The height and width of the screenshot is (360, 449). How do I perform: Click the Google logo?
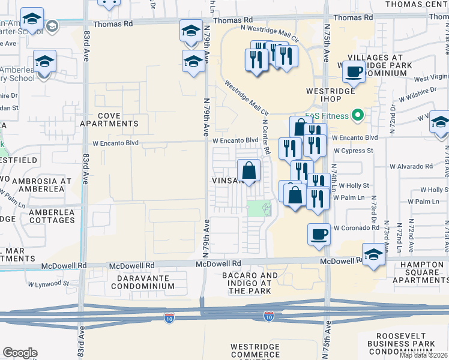20,353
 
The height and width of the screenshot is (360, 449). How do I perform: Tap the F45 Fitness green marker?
359,114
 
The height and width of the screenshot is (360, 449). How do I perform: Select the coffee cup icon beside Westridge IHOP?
354,73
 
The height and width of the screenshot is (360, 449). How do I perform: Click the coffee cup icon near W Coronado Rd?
319,234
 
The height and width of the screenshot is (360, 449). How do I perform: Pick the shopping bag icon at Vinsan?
249,171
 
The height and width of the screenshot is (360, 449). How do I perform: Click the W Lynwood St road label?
49,284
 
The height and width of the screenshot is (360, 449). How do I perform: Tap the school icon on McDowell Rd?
373,255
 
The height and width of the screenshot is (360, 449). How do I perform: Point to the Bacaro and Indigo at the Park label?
253,283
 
